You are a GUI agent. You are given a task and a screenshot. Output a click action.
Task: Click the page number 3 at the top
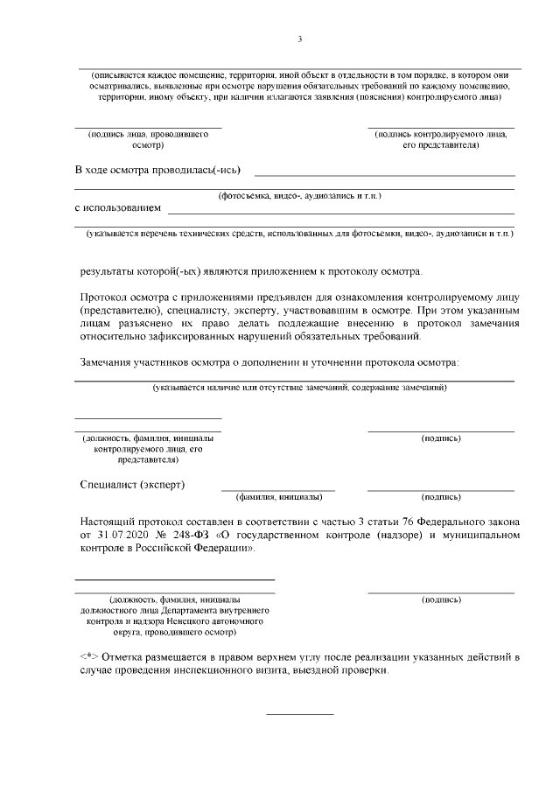tap(300, 39)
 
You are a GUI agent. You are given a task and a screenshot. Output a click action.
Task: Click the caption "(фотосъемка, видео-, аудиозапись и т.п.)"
tap(300, 195)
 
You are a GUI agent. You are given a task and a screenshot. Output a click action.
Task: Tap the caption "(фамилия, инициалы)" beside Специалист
tap(277, 496)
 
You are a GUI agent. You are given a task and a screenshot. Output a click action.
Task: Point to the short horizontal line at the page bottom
tap(299, 714)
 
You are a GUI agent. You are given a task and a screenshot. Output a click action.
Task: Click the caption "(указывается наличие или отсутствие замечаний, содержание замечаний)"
tap(299, 387)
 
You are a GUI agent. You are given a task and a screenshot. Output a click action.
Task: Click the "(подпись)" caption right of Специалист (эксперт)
tap(441, 496)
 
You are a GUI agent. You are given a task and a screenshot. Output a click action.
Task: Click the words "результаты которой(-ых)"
tap(130, 270)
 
